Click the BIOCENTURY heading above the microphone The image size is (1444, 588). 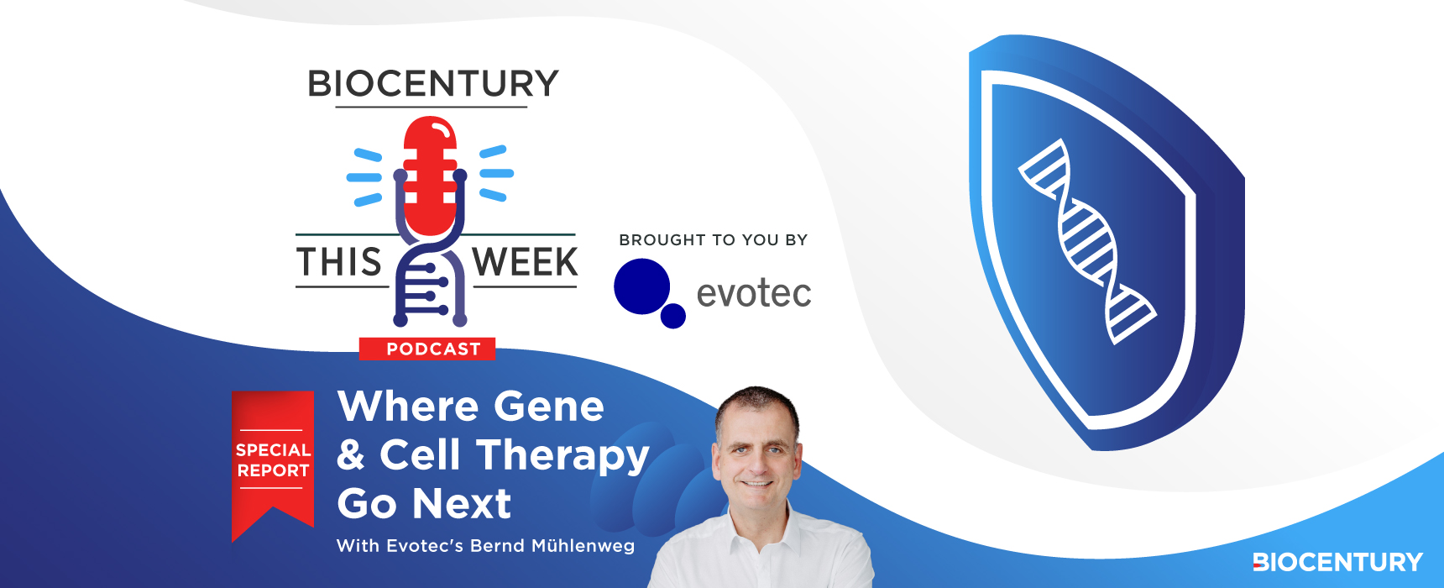pyautogui.click(x=433, y=84)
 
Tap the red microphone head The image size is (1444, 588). pyautogui.click(x=431, y=175)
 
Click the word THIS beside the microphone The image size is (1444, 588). pyautogui.click(x=339, y=262)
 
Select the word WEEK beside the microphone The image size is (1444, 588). pyautogui.click(x=526, y=262)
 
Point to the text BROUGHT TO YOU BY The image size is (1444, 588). pyautogui.click(x=714, y=240)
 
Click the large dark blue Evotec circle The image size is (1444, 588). pyautogui.click(x=642, y=286)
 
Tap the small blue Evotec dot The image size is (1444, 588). pyautogui.click(x=673, y=316)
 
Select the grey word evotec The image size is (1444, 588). pyautogui.click(x=754, y=293)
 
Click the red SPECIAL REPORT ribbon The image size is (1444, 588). pyautogui.click(x=273, y=462)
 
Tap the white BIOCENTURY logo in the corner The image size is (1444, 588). pyautogui.click(x=1337, y=562)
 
